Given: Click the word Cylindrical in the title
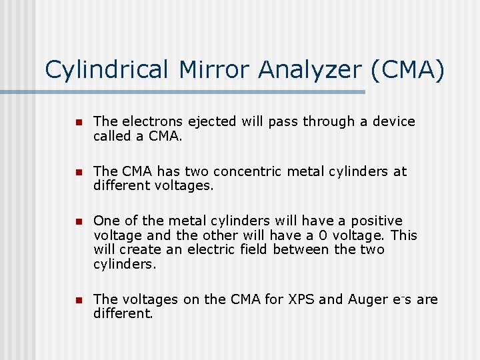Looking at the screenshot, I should [x=107, y=70].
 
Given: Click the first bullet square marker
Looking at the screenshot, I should [x=77, y=122].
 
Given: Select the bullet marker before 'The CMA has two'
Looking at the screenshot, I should [x=77, y=172].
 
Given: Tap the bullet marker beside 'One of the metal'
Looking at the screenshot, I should [x=77, y=221].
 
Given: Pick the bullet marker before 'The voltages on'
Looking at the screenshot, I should [x=77, y=300].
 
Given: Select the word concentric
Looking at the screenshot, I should [x=246, y=171].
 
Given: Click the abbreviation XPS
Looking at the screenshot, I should [x=301, y=299].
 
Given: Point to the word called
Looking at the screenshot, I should [x=111, y=135].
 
